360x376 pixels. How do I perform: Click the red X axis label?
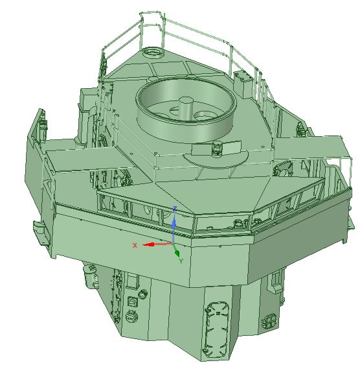click(135, 245)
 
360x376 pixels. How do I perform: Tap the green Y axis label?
click(181, 261)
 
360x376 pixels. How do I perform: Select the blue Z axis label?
click(175, 209)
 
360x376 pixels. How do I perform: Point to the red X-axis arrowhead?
click(148, 244)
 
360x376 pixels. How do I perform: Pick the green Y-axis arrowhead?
click(177, 253)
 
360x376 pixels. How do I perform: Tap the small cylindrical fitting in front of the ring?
click(218, 148)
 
